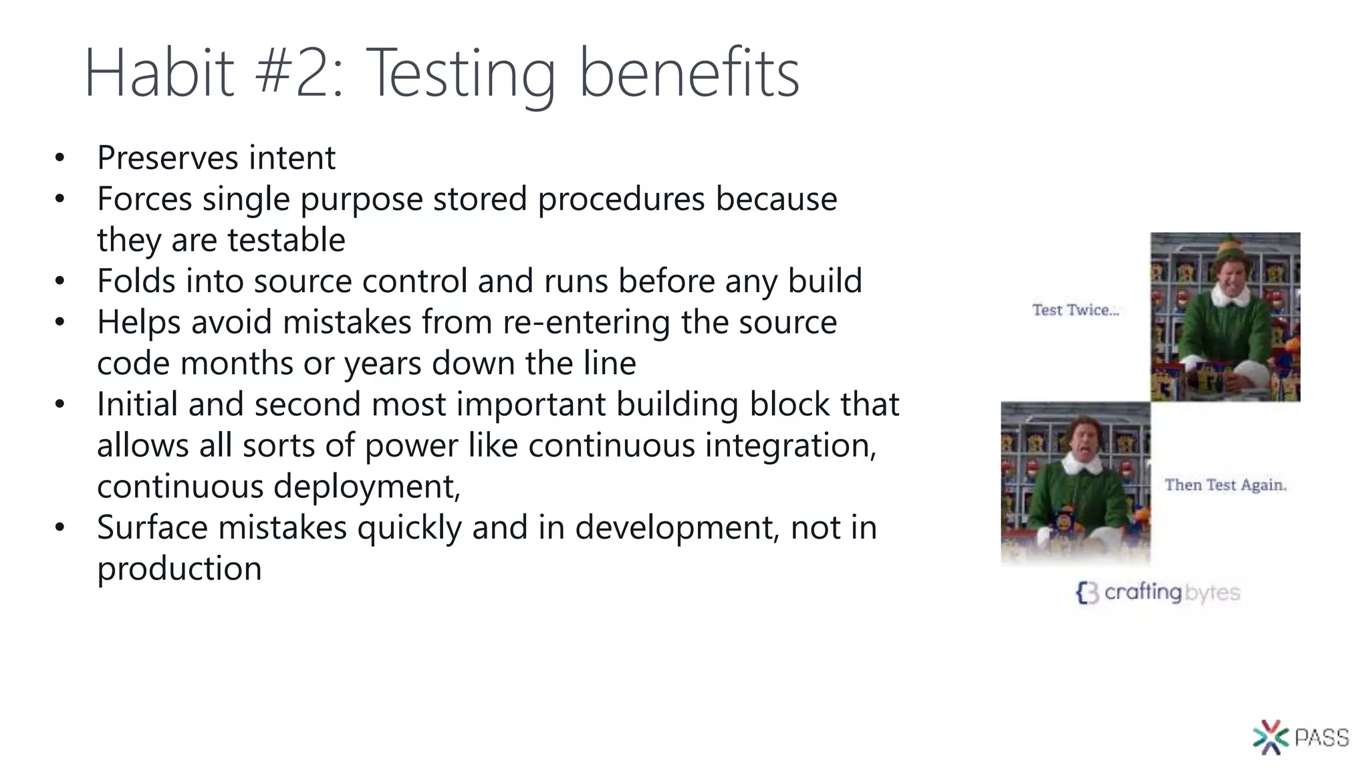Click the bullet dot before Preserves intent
[60, 158]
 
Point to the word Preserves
[168, 158]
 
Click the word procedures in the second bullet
[621, 199]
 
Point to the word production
[179, 569]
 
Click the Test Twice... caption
[1075, 310]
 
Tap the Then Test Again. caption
[1225, 485]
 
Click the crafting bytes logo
[1158, 592]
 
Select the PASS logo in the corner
[1300, 737]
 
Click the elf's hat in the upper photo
[1229, 249]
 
